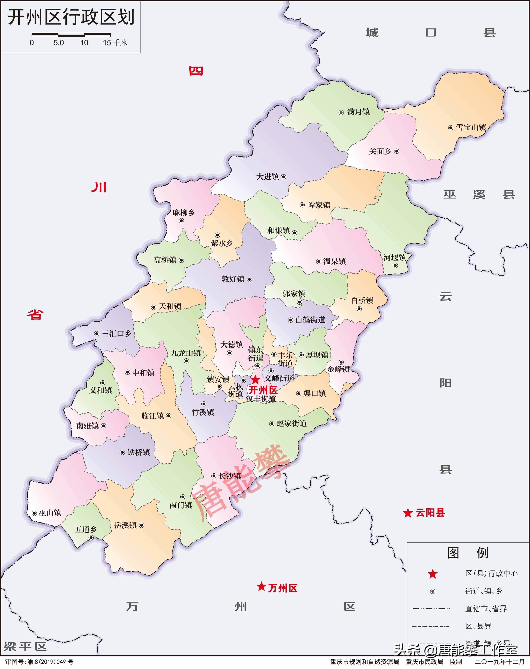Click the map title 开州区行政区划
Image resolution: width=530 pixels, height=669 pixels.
71,17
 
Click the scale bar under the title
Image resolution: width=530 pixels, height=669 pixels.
71,34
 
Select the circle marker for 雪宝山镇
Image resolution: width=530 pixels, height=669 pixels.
451,128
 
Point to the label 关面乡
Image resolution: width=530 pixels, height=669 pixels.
380,151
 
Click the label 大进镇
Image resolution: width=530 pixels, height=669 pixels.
267,177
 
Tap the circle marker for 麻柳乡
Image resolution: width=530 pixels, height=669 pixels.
181,221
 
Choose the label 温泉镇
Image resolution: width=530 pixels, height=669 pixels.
335,261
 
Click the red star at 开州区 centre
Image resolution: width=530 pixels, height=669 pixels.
255,379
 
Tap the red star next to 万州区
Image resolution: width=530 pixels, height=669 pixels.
261,586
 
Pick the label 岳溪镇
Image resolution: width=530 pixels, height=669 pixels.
126,525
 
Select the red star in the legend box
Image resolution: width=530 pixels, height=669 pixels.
433,574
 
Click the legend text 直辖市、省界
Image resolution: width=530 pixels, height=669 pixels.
486,608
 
